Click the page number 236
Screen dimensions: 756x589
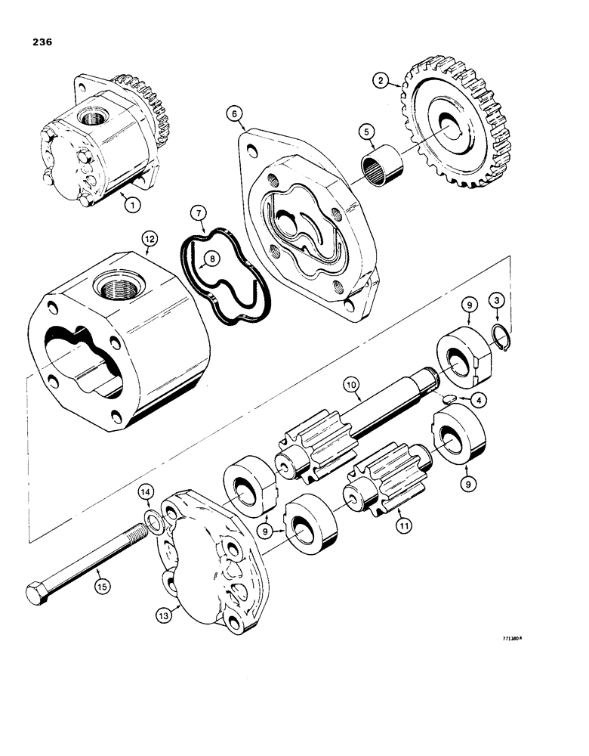tap(39, 43)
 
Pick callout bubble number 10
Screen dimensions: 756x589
tap(351, 386)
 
